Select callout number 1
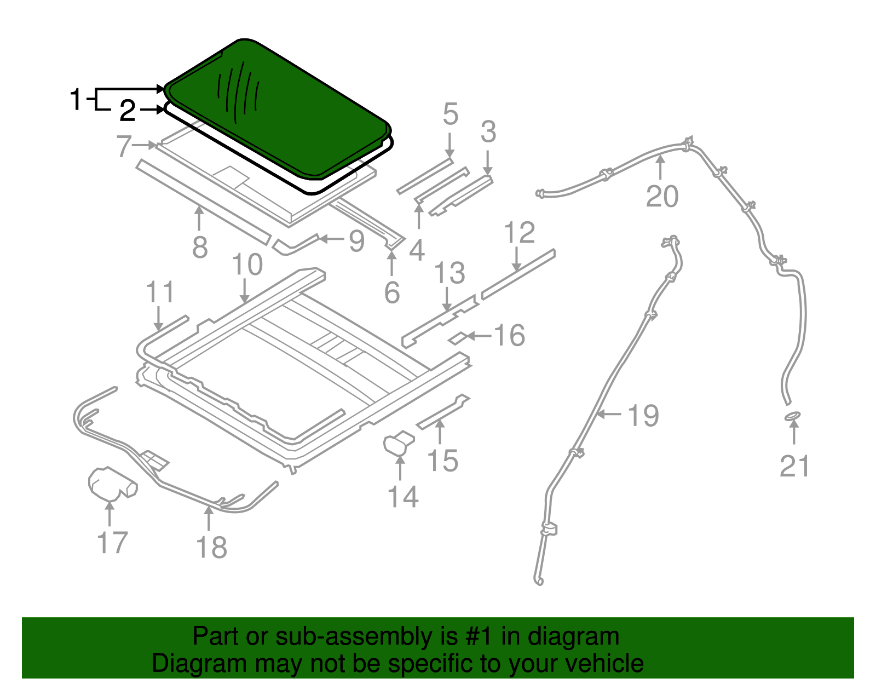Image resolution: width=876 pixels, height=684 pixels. [76, 99]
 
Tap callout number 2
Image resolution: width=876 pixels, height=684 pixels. [128, 111]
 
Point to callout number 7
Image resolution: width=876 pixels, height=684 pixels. [124, 146]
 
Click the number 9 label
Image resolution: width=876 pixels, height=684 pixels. [357, 241]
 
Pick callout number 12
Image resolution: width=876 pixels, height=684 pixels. [520, 232]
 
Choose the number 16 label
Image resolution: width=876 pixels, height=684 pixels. [510, 335]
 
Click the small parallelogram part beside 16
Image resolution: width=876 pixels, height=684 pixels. [458, 338]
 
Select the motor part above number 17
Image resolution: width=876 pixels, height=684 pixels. [112, 484]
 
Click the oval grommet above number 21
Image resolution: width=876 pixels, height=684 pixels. [793, 416]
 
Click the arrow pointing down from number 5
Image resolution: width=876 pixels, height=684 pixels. [449, 146]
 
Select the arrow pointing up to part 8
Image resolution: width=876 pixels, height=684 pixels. [199, 218]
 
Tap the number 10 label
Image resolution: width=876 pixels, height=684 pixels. [247, 265]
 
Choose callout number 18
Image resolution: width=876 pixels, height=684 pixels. [211, 547]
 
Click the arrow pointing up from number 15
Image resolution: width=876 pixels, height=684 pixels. [440, 432]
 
